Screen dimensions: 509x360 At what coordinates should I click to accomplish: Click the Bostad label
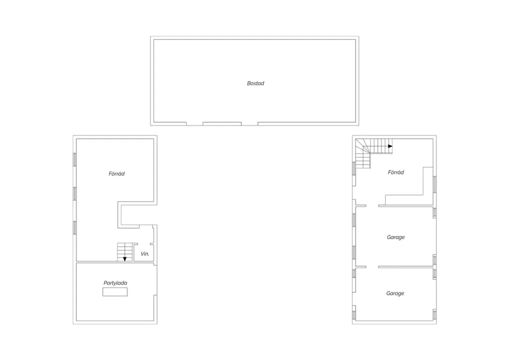tap(255, 84)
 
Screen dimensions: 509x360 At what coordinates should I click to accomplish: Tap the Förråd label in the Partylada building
tap(116, 174)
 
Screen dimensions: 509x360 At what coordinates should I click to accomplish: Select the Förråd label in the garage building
tap(396, 173)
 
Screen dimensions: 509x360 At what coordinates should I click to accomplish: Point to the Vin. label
tap(145, 254)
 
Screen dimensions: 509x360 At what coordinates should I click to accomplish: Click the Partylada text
tap(115, 283)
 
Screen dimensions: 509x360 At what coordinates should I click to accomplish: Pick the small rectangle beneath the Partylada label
tap(115, 292)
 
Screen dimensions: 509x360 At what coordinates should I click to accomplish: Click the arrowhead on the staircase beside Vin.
tap(125, 259)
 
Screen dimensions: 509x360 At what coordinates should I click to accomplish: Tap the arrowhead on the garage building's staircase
tap(390, 146)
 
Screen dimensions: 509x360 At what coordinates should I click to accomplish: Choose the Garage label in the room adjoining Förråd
tap(396, 237)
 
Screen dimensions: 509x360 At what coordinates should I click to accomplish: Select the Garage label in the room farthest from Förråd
tap(395, 293)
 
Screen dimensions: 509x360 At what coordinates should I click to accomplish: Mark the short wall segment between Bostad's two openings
tap(222, 124)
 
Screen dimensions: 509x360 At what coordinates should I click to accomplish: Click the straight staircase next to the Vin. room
tap(125, 252)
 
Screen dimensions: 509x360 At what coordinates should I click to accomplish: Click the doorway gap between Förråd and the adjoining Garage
tap(372, 206)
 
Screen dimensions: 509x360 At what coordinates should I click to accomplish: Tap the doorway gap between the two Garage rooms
tap(372, 267)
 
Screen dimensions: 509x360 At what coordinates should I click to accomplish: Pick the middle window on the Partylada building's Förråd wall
tap(75, 194)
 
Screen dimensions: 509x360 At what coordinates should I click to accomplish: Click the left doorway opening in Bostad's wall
tap(194, 124)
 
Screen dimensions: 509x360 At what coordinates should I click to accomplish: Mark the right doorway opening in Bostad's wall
tap(250, 124)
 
